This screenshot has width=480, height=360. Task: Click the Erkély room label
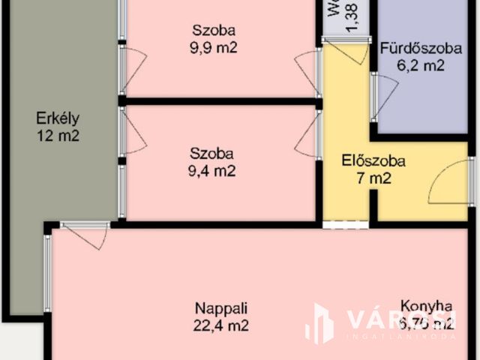pyautogui.click(x=57, y=118)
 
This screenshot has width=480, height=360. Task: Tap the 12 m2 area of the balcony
pyautogui.click(x=57, y=136)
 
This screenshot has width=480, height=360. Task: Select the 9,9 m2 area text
pyautogui.click(x=213, y=49)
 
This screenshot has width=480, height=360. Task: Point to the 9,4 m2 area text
pyautogui.click(x=212, y=171)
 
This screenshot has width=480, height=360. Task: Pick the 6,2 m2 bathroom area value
pyautogui.click(x=421, y=66)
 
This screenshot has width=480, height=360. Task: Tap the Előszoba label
pyautogui.click(x=373, y=160)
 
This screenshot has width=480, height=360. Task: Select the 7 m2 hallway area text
pyautogui.click(x=373, y=178)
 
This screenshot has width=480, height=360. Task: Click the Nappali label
pyautogui.click(x=221, y=307)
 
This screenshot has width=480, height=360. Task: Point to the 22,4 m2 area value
pyautogui.click(x=221, y=325)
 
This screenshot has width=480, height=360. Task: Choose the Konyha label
pyautogui.click(x=426, y=306)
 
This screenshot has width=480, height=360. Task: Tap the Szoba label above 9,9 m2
pyautogui.click(x=213, y=31)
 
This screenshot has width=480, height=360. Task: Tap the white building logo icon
pyautogui.click(x=319, y=323)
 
